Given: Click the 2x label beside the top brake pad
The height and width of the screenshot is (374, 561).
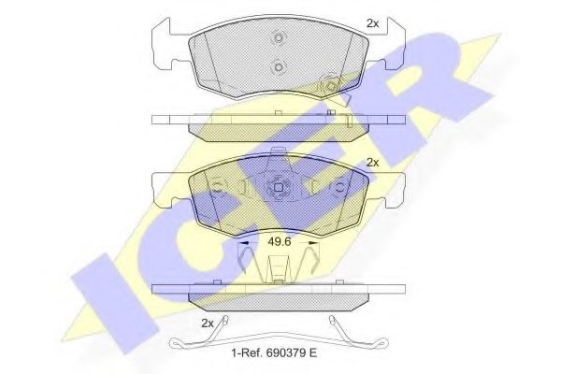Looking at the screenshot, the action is point(372,23).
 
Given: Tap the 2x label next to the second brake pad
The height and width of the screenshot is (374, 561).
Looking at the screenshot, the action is point(372,163).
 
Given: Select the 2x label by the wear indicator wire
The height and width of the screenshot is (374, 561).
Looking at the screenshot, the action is point(208,324).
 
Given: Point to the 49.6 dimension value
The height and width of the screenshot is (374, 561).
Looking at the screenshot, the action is point(280,241).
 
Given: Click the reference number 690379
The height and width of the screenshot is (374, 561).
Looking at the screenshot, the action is point(285,352).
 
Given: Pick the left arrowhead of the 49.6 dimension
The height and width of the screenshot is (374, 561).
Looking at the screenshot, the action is point(244,243).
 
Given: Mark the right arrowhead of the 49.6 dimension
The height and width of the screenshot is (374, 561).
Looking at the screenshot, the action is point(314,243).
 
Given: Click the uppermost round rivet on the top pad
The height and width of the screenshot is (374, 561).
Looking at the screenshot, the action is point(279,37).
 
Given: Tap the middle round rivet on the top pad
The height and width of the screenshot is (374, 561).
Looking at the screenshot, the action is point(279,67).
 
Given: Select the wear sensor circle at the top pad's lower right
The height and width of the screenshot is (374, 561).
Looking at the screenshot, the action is point(329,86).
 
